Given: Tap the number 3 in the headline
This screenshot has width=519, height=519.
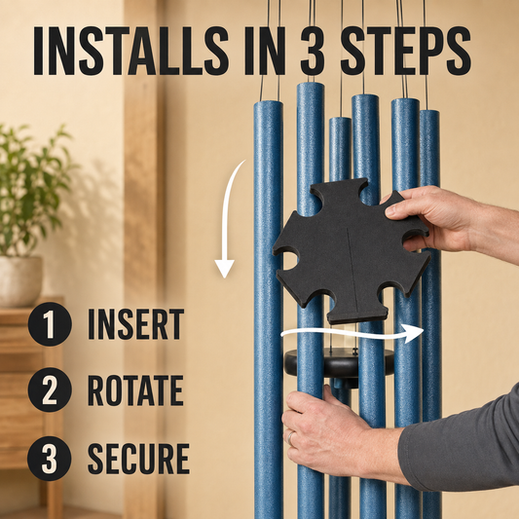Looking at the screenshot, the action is [x=313, y=51].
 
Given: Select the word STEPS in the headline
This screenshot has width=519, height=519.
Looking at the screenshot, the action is [x=405, y=51].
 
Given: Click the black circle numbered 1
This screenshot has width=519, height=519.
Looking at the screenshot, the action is [x=50, y=324].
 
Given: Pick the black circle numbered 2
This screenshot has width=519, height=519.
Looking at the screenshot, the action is [x=50, y=389].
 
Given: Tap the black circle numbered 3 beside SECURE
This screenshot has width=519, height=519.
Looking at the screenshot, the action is [x=50, y=459].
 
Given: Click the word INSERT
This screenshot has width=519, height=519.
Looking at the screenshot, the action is [x=135, y=324].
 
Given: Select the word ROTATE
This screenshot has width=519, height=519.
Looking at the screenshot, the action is [x=135, y=389].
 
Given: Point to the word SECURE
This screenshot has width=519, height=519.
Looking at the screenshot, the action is [x=138, y=459].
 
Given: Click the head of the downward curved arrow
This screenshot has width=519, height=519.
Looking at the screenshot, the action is [x=225, y=268].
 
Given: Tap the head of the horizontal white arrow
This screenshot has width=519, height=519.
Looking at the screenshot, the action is [x=414, y=333].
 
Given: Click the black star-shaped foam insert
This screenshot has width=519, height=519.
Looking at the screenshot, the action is [x=352, y=251].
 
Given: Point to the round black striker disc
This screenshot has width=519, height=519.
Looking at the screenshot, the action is [x=339, y=364].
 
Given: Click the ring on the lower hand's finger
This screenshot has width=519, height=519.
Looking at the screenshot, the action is [x=291, y=438].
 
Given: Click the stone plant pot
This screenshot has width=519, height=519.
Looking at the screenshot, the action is [x=20, y=281].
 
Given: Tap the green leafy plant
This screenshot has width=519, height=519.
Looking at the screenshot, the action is [x=33, y=189].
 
